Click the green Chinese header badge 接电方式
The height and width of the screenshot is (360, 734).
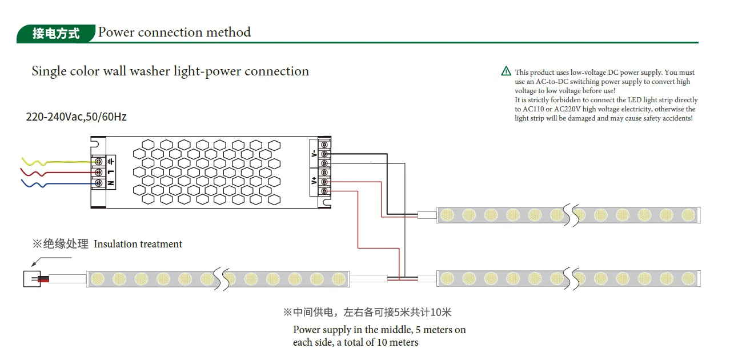tap(55, 33)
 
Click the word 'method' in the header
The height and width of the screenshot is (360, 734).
tap(228, 32)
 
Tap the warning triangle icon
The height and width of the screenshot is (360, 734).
tap(506, 71)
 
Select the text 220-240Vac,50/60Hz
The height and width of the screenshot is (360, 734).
tap(77, 117)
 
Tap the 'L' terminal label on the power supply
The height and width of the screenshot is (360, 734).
tap(110, 172)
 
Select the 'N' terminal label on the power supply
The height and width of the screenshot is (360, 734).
tap(110, 183)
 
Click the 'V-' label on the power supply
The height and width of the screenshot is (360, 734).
tap(314, 153)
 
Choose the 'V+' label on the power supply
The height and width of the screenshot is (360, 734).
tap(314, 182)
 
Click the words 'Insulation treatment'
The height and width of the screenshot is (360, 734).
tap(138, 244)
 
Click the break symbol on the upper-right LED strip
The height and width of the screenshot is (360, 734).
tap(569, 215)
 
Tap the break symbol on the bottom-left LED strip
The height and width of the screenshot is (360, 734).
tap(219, 279)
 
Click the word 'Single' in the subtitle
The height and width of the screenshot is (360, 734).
tap(49, 71)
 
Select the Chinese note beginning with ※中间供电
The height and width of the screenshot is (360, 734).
tap(367, 313)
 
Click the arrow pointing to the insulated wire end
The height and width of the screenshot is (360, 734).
tap(36, 263)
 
